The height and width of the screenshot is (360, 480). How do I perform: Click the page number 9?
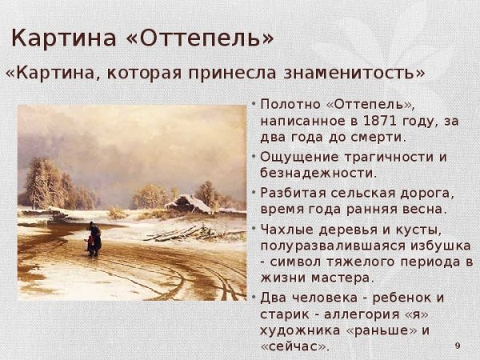[x=458, y=345]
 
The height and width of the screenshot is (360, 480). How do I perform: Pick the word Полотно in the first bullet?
[x=289, y=105]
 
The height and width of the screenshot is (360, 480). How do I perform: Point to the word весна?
[x=424, y=209]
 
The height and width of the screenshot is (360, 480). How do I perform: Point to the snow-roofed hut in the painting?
[x=189, y=204]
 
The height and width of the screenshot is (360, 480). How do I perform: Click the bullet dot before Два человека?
[x=254, y=297]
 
